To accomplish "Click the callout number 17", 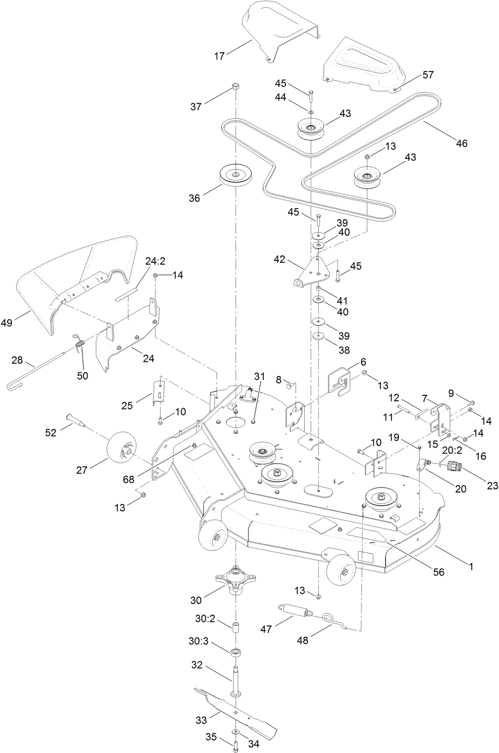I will pyautogui.click(x=219, y=56).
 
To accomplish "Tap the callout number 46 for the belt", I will pyautogui.click(x=461, y=143).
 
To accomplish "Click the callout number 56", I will pyautogui.click(x=439, y=572).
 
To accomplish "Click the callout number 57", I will pyautogui.click(x=428, y=75).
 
